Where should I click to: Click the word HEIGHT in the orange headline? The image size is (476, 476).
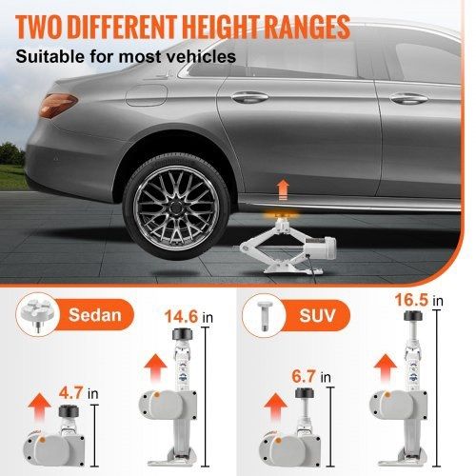coord(222,27)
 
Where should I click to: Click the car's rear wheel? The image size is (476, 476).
coord(176,207)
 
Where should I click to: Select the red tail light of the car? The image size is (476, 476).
coord(58,105)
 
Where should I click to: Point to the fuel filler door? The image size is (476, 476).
coord(147,95)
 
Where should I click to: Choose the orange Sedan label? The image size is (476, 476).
coord(95,315)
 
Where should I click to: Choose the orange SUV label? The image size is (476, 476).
coord(317,315)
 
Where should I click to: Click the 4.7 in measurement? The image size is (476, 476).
coord(79,393)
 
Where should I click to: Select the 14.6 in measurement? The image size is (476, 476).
coord(188,317)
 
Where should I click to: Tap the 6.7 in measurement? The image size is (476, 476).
coord(311,377)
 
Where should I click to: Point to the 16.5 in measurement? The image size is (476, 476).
coord(419,300)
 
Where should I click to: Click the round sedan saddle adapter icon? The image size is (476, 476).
coord(37,314)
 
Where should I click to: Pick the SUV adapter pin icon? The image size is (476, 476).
coord(264,315)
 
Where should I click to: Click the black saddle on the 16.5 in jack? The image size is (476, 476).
coord(413,316)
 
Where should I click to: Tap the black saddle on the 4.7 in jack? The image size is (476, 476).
coord(69,411)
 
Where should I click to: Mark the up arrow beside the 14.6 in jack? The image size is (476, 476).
coord(155,369)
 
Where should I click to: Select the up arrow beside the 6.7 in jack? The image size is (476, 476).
coord(275,408)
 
